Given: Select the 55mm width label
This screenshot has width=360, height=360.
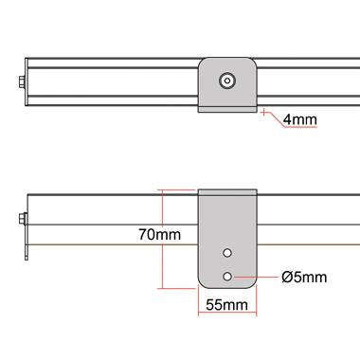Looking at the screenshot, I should click(x=226, y=304).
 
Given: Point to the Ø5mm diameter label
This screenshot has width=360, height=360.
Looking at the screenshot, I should click(x=304, y=277).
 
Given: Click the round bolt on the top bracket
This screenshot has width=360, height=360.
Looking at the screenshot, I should click(x=227, y=81).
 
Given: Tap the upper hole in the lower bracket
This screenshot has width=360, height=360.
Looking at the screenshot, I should click(x=227, y=254).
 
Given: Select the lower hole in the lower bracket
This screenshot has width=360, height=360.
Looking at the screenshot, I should click(x=227, y=276).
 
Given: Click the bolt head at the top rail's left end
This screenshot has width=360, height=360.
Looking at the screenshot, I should click(x=22, y=81).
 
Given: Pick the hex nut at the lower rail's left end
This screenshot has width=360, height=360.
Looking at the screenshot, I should click(x=22, y=221).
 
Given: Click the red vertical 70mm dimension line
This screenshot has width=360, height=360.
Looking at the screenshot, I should click(x=165, y=237).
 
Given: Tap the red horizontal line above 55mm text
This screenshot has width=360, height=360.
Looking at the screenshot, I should click(x=226, y=293).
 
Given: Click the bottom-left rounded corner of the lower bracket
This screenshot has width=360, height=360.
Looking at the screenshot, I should click(x=202, y=282).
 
